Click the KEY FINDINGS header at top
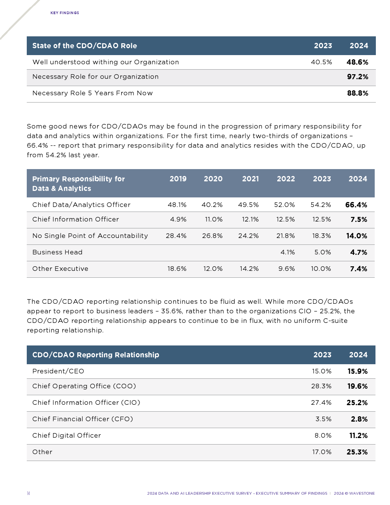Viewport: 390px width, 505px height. [65, 13]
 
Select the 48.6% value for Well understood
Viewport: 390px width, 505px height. [357, 62]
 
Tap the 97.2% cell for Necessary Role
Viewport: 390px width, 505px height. [357, 77]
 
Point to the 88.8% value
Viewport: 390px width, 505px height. [357, 93]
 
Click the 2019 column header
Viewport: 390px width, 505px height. [178, 179]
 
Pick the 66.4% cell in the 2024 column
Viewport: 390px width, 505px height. [356, 205]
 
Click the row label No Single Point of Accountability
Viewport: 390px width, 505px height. [90, 236]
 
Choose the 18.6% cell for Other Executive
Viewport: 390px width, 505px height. [177, 269]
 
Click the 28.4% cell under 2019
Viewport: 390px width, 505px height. [176, 236]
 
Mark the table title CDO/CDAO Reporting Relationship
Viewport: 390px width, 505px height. [96, 355]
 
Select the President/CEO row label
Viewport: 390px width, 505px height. [58, 371]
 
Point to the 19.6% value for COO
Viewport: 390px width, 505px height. [357, 386]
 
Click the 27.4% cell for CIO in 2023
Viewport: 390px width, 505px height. [321, 402]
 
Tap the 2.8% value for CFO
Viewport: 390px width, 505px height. [359, 419]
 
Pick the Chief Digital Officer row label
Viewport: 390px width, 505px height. [67, 435]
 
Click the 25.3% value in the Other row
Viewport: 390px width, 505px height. [357, 452]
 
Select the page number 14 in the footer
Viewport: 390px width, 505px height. [28, 493]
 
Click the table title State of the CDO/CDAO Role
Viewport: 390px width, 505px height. [84, 46]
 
